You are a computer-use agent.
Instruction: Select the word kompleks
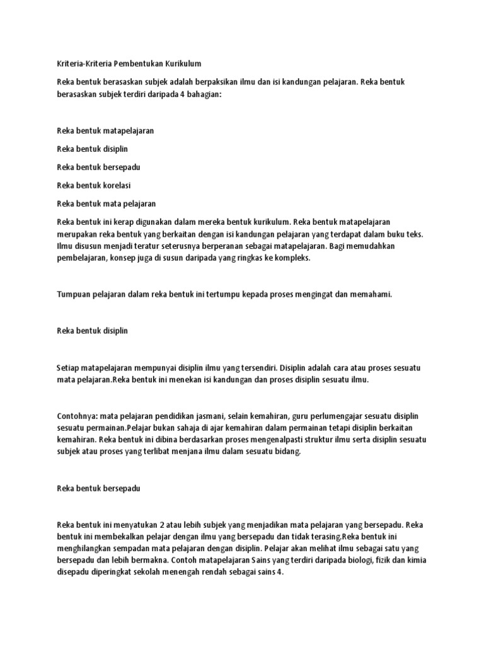point(291,258)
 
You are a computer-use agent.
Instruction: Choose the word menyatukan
point(129,524)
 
